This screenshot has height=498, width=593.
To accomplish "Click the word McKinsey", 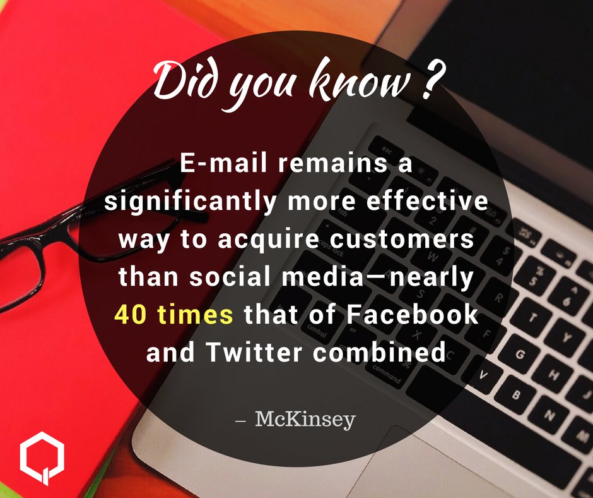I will coord(305,419).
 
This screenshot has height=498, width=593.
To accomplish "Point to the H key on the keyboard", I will coord(556,379).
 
